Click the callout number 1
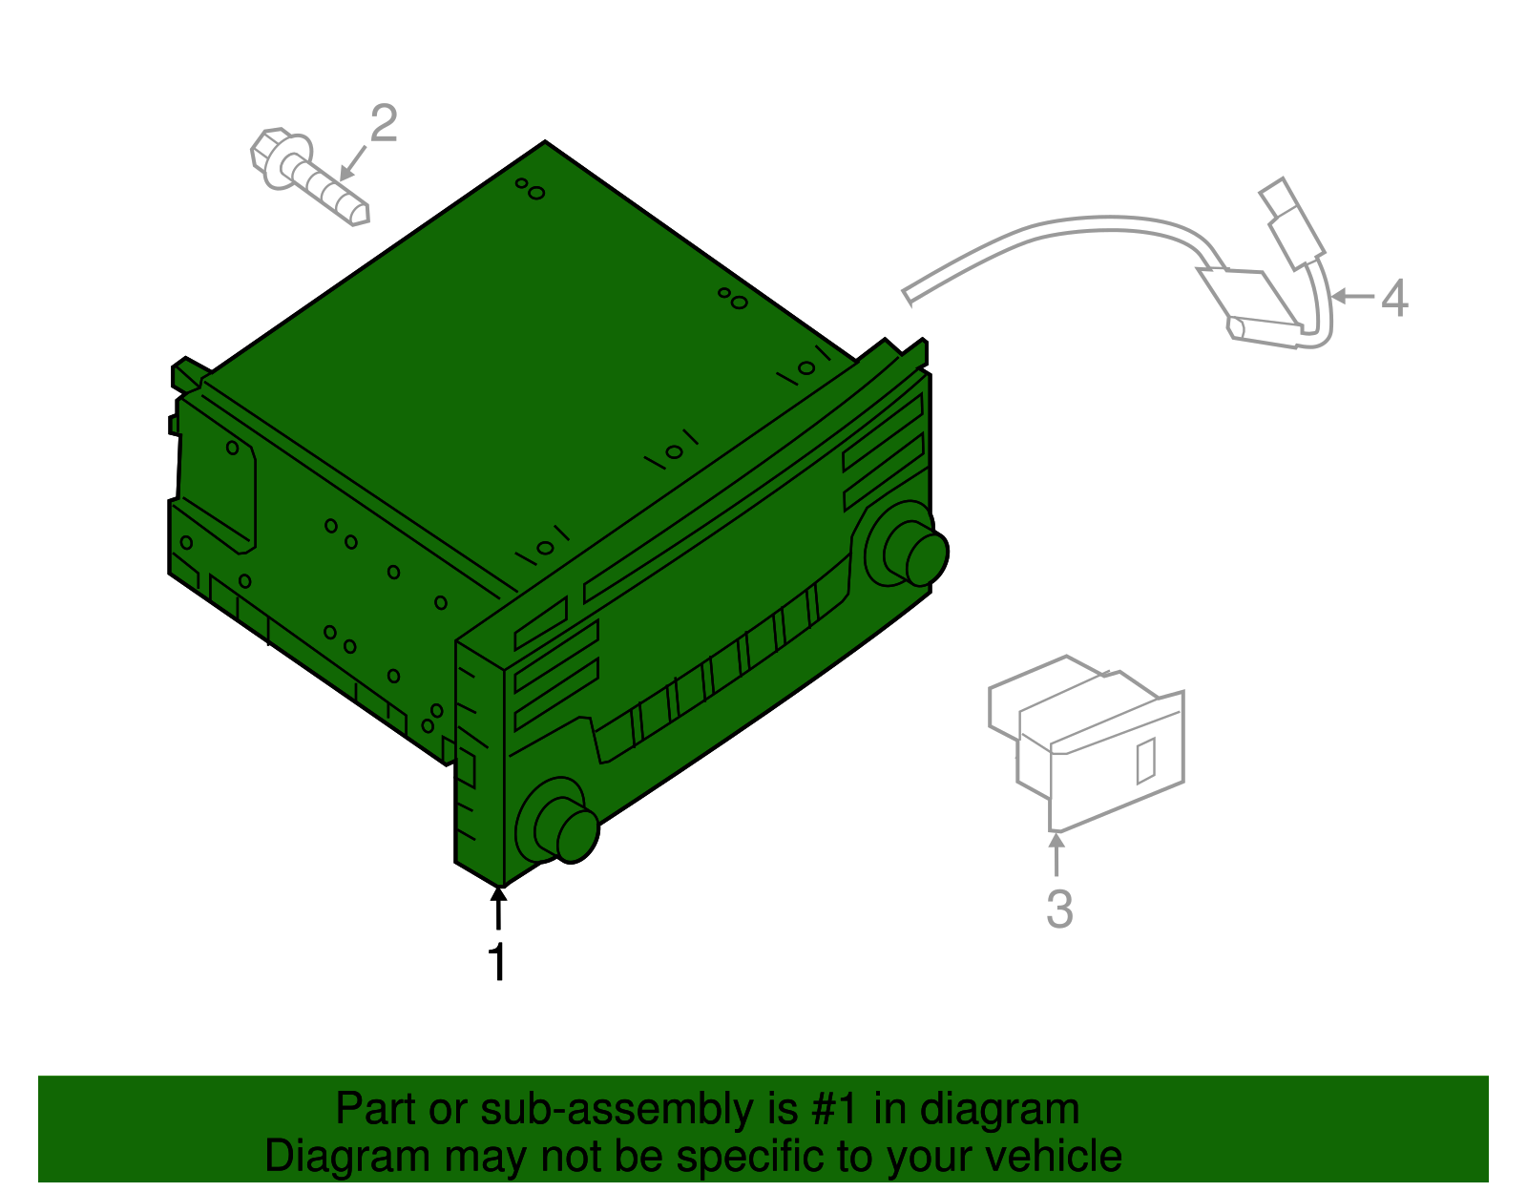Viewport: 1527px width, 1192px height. click(x=497, y=961)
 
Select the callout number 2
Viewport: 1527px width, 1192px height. click(x=384, y=124)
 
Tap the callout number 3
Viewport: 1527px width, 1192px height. click(x=1059, y=909)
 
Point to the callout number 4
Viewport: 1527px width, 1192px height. click(x=1394, y=298)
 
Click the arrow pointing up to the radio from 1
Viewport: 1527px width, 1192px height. click(x=498, y=906)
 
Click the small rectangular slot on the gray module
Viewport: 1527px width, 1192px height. click(x=1146, y=760)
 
